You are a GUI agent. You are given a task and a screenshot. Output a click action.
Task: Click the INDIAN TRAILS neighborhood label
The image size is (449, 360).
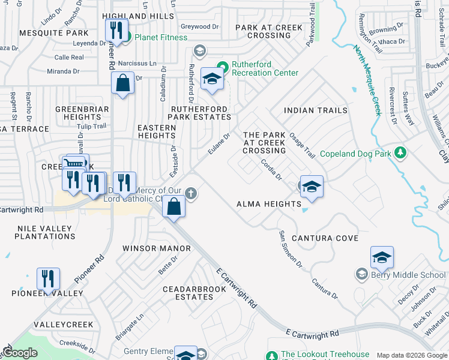point(315,110)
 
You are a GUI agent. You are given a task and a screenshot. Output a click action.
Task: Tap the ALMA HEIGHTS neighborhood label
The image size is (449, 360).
point(268,204)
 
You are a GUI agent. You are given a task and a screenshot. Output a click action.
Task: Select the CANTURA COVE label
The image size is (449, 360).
point(325,238)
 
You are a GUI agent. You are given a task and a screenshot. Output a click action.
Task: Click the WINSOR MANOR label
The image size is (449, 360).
point(156,248)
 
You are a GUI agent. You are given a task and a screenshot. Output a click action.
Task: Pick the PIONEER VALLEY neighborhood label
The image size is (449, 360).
point(47,293)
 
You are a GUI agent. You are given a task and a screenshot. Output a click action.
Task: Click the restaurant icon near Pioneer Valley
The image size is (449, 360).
point(48,278)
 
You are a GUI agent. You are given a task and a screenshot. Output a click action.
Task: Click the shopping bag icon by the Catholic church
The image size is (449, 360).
point(173,207)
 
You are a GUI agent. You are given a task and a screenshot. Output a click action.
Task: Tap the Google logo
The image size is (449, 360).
point(19,353)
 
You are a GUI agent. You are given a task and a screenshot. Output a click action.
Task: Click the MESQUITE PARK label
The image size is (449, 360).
point(54,33)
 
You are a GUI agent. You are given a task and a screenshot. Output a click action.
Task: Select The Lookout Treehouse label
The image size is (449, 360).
point(325,355)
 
